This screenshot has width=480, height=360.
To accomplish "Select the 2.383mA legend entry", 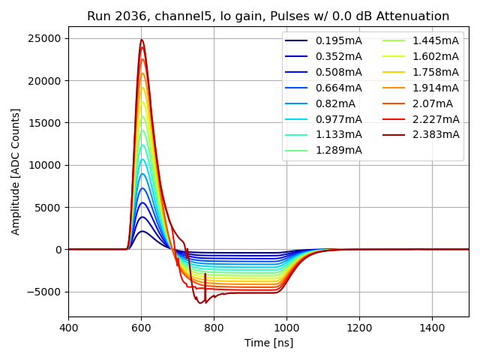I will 436,135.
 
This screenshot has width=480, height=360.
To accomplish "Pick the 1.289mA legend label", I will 339,151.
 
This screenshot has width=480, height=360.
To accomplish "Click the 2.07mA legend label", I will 433,103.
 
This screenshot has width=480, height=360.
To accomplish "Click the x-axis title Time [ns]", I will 268,343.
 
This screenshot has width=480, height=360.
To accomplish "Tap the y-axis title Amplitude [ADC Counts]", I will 16,171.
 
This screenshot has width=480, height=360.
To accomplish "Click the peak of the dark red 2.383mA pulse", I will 141,40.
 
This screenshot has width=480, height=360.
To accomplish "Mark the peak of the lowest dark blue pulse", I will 142,231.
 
